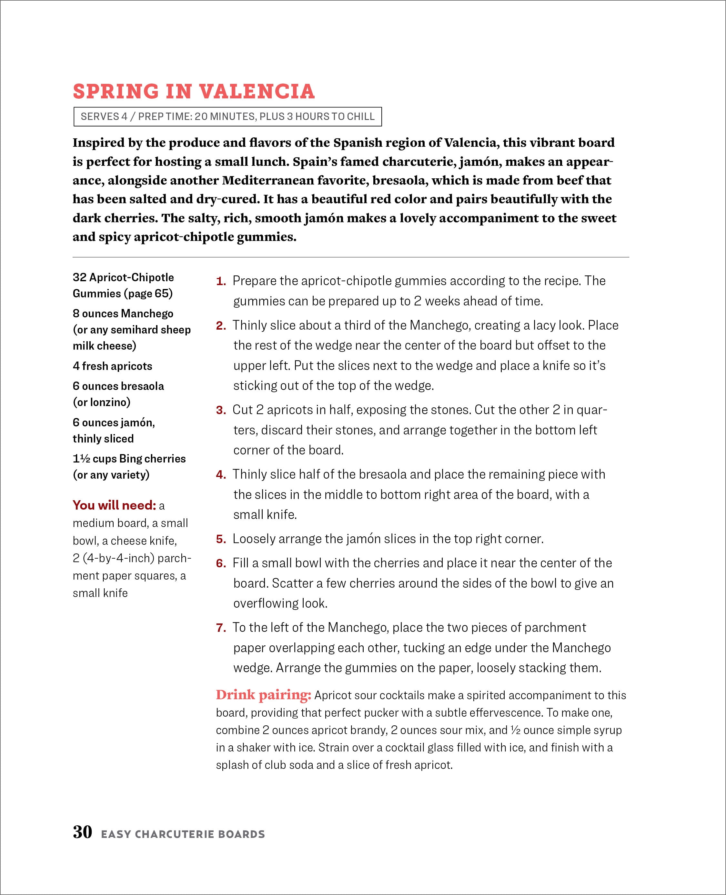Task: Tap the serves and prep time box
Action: [x=227, y=117]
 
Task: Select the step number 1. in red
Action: [x=221, y=281]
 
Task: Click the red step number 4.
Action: [x=221, y=475]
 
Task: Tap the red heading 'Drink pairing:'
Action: [x=264, y=695]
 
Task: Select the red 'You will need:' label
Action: [x=114, y=505]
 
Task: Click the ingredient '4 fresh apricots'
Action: [x=112, y=366]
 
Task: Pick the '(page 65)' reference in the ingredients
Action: [x=148, y=293]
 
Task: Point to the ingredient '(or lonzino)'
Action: [x=102, y=402]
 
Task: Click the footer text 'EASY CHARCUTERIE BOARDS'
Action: [x=183, y=834]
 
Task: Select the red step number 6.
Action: [x=221, y=563]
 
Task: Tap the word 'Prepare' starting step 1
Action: [x=254, y=281]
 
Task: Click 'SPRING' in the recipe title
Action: [x=116, y=92]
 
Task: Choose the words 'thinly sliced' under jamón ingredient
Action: [x=103, y=439]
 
